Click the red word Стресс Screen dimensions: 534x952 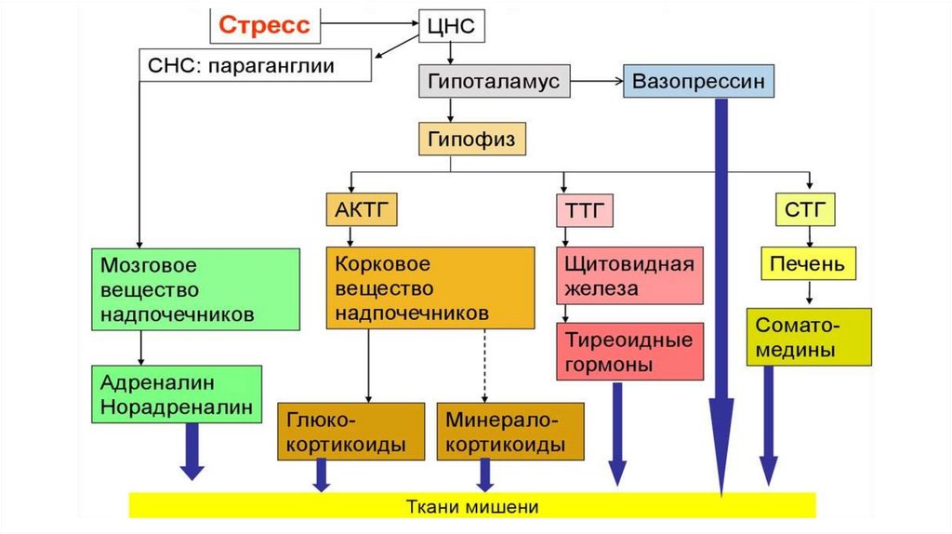(x=265, y=25)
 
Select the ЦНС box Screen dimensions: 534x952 (x=450, y=26)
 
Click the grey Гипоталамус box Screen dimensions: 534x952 (x=494, y=82)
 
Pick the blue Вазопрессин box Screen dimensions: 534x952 (x=698, y=82)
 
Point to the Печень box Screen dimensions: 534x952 (x=807, y=264)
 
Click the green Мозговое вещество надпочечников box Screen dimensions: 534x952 (x=196, y=289)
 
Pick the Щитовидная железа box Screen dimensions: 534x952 (x=629, y=274)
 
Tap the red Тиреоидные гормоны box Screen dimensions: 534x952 (x=629, y=352)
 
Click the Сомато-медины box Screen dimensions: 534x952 (x=809, y=337)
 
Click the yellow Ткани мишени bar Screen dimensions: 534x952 (x=472, y=505)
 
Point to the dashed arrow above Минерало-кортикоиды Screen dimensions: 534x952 (x=484, y=365)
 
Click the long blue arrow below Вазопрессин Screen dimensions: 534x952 (x=721, y=298)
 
